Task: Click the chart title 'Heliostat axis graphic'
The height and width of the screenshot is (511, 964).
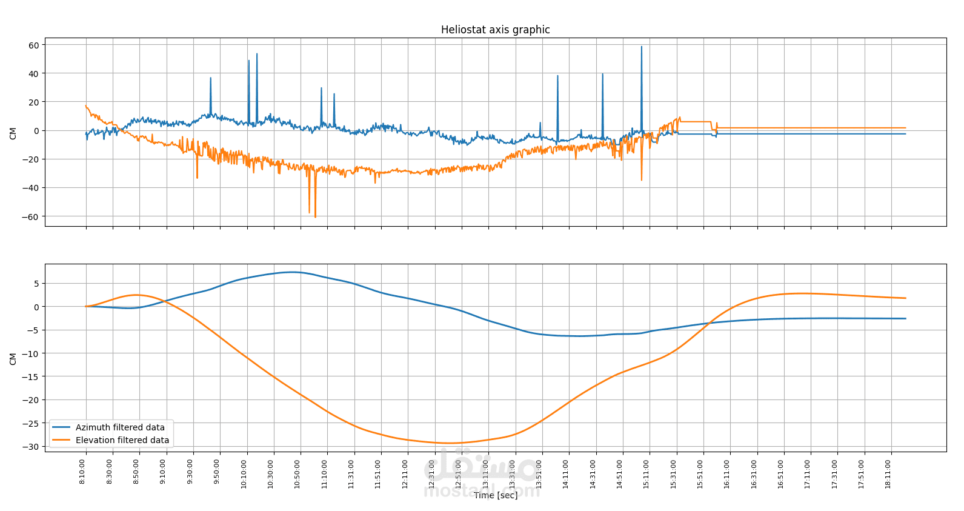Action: [x=495, y=30]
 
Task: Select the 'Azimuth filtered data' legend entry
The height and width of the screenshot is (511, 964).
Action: [x=120, y=427]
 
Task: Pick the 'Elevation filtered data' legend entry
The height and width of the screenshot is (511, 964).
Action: [x=122, y=440]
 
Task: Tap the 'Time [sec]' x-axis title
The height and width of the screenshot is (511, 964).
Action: [x=496, y=495]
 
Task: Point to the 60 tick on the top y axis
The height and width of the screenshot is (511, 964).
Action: [x=33, y=45]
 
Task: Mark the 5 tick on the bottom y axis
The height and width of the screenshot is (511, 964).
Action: [x=36, y=284]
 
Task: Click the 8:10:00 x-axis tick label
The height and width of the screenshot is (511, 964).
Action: [x=83, y=472]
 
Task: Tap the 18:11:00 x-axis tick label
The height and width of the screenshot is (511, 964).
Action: [x=888, y=474]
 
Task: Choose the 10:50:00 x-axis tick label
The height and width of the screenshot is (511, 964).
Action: [x=298, y=474]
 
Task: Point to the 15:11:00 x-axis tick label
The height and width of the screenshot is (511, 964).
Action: [x=647, y=474]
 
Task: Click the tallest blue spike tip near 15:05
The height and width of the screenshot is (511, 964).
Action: [x=642, y=47]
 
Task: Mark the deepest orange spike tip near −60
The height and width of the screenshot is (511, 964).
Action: [x=315, y=217]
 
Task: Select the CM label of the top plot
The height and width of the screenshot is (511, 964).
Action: [x=13, y=133]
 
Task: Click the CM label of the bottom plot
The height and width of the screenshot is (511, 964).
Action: [x=13, y=359]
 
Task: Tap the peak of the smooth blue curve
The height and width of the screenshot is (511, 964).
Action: [x=293, y=272]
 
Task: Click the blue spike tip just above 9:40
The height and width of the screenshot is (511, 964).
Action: [x=211, y=78]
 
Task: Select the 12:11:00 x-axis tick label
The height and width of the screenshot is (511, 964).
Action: [x=405, y=474]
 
